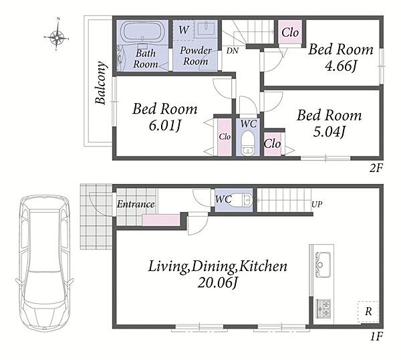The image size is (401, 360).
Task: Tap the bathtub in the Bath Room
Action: [143, 31]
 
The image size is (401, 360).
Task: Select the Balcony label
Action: [100, 83]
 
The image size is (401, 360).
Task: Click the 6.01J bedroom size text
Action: [165, 126]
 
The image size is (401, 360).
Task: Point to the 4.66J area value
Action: [341, 66]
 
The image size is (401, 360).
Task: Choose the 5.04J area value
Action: [329, 132]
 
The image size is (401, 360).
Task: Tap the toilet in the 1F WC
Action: [241, 200]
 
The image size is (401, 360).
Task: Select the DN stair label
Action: [232, 51]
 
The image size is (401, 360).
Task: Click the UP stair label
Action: [317, 204]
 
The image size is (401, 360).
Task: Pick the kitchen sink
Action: [323, 265]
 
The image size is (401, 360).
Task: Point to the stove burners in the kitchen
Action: [323, 308]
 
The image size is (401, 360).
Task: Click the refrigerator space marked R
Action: [368, 312]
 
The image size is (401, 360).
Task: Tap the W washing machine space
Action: [183, 30]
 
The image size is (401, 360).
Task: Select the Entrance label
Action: [136, 204]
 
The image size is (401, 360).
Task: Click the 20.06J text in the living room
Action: [218, 282]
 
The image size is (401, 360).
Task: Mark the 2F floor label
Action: [376, 168]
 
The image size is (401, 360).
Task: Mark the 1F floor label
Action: [376, 336]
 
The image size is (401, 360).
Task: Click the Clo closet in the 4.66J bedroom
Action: [290, 32]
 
